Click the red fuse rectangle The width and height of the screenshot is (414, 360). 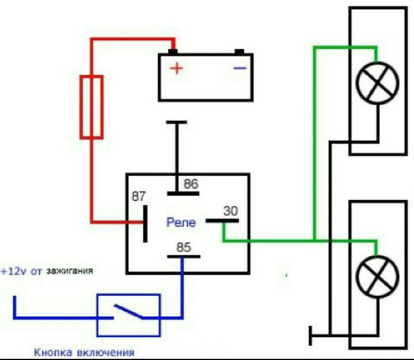[82, 107]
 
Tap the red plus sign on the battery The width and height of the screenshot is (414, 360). [177, 68]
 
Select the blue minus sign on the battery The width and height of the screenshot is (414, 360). [240, 68]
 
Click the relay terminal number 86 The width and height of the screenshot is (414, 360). [191, 184]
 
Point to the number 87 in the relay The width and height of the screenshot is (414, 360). [139, 196]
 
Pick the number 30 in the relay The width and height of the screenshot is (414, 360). [231, 211]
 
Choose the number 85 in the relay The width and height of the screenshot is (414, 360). [183, 247]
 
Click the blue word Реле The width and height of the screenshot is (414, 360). [181, 223]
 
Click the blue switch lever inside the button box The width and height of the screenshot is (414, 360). [129, 311]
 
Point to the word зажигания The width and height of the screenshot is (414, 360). [70, 271]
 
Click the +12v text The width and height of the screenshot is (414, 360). [13, 271]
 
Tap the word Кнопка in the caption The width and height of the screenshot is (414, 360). [53, 353]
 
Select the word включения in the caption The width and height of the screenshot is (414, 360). [106, 353]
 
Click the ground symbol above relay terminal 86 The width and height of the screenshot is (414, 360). [177, 122]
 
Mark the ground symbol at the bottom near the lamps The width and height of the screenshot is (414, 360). [310, 336]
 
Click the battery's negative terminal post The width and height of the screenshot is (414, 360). [239, 52]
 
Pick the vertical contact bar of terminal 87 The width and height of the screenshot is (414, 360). [145, 224]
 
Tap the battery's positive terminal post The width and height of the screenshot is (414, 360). [172, 52]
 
